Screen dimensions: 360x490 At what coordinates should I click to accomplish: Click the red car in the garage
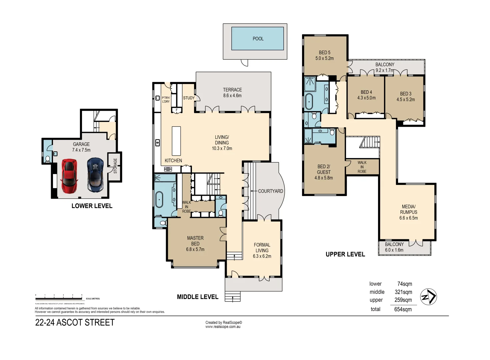69,176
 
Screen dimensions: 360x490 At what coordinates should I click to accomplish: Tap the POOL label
258,39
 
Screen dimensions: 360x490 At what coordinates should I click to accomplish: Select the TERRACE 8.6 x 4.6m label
232,93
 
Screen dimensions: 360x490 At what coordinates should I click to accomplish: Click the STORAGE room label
115,166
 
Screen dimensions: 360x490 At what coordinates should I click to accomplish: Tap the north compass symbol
428,297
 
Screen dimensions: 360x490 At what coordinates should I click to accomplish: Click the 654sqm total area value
403,309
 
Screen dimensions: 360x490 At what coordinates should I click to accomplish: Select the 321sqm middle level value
403,292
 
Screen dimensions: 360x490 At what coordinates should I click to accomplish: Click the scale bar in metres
59,297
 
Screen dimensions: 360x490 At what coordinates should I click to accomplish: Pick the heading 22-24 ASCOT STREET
75,323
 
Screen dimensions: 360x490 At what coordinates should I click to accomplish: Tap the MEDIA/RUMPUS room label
408,212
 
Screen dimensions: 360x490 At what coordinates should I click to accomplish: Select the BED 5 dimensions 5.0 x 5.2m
324,58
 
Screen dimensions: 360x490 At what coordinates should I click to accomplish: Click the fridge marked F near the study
177,110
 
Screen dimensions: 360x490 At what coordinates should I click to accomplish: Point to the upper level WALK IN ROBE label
362,167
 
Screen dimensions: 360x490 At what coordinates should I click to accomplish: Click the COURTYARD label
270,191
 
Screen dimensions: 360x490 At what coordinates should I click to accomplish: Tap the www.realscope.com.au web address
223,327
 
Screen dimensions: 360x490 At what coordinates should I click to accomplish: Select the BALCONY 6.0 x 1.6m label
394,247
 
